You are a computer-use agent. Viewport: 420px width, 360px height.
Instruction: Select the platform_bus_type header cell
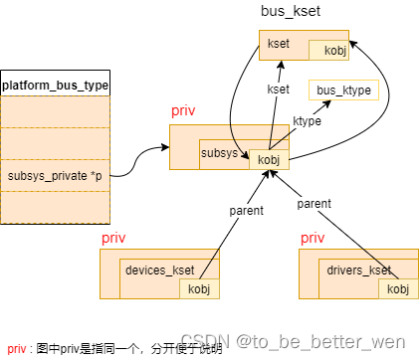(x=56, y=85)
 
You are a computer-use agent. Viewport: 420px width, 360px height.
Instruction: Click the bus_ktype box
(x=343, y=91)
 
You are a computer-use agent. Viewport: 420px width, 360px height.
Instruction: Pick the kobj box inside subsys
(x=268, y=159)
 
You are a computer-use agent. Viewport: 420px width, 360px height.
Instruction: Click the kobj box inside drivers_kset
(x=398, y=289)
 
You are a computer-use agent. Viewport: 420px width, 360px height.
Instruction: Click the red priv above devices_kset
(x=112, y=239)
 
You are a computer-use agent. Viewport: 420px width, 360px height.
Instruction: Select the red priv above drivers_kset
(x=312, y=239)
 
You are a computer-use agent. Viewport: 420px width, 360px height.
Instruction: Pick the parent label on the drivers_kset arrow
(x=314, y=203)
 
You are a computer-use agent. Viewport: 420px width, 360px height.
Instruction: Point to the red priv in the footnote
(x=17, y=349)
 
